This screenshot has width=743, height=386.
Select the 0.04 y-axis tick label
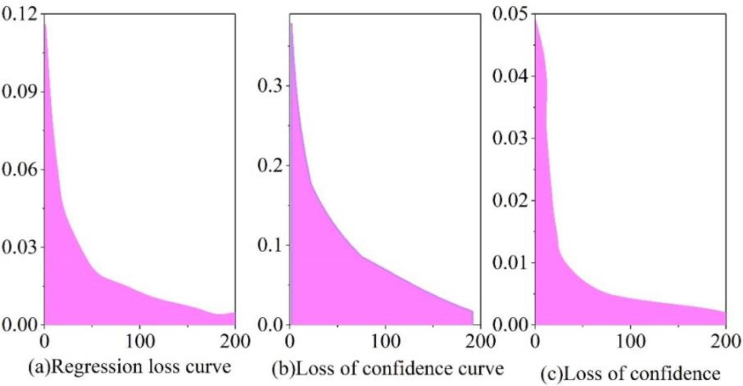[x=510, y=76]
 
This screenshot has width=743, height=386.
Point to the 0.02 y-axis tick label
[x=510, y=201]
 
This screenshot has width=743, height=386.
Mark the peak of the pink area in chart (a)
[x=45, y=24]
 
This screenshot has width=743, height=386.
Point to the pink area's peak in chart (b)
[x=291, y=23]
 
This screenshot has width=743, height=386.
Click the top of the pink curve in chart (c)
[x=535, y=17]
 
